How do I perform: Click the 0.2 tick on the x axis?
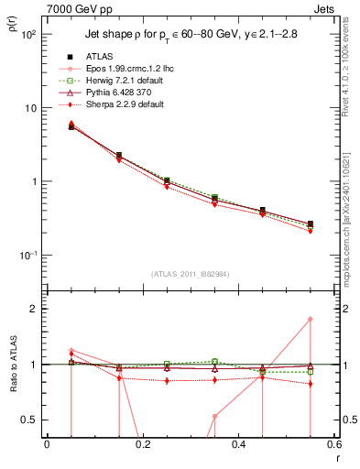coord(143,446)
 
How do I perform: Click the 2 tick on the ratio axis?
coord(35,309)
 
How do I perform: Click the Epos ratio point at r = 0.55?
coord(311,319)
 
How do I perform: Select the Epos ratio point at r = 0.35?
coord(214,416)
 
